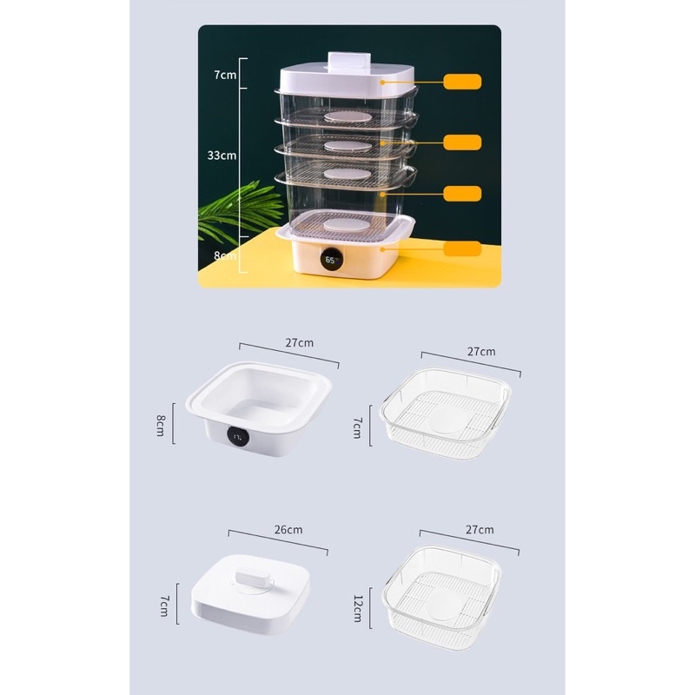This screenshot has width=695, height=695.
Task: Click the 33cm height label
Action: click(x=222, y=156)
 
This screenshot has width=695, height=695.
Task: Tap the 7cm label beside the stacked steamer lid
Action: click(x=224, y=74)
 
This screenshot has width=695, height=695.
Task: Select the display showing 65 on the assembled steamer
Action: click(x=332, y=259)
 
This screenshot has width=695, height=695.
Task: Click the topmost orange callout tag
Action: click(x=461, y=83)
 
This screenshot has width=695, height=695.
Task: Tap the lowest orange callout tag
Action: click(x=461, y=248)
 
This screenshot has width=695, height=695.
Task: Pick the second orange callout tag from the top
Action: click(x=461, y=141)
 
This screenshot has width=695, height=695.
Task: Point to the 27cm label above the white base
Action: click(x=300, y=342)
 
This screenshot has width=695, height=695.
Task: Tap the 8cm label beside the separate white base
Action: click(x=161, y=424)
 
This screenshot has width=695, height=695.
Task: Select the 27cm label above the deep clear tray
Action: click(x=479, y=529)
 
